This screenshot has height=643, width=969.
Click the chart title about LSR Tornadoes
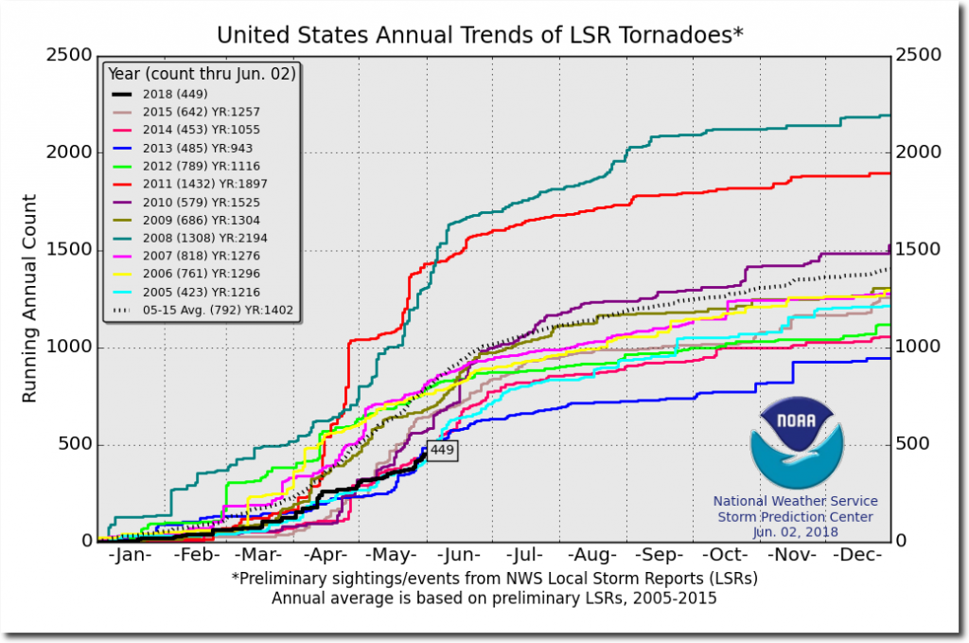pos(481,35)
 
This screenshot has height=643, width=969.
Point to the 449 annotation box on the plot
pos(442,451)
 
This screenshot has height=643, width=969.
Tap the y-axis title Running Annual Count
pos(29,298)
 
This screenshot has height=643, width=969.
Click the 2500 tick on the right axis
pos(917,55)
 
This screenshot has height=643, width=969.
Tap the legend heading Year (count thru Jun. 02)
pos(202,73)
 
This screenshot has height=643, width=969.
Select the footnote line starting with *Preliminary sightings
pos(494,578)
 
